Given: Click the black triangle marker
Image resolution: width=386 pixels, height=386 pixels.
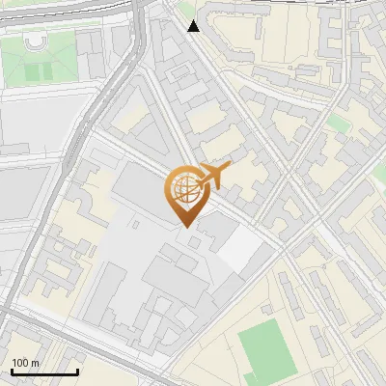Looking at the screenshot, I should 194,26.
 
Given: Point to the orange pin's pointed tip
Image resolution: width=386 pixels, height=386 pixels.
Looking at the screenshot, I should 185,226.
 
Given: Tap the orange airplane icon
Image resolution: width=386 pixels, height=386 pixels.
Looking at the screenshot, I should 214,175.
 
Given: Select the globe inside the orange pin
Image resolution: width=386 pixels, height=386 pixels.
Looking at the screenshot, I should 185,189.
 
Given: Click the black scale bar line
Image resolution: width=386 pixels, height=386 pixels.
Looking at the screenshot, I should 44,372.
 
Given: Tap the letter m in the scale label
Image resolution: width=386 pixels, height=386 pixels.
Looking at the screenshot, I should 36,363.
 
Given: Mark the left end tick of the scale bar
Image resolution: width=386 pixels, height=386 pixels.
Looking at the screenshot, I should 12,371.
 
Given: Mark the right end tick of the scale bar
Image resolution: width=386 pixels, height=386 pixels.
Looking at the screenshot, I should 77,371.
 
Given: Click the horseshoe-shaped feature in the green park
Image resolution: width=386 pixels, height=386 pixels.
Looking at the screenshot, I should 36,43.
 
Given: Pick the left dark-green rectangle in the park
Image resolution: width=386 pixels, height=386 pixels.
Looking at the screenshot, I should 32,72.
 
